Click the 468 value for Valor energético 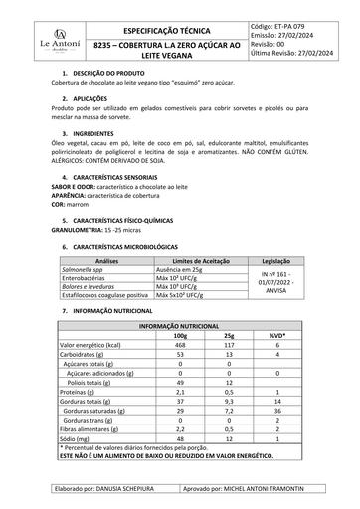click(x=183, y=345)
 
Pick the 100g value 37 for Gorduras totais click(x=183, y=399)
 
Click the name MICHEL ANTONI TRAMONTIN click(x=271, y=490)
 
